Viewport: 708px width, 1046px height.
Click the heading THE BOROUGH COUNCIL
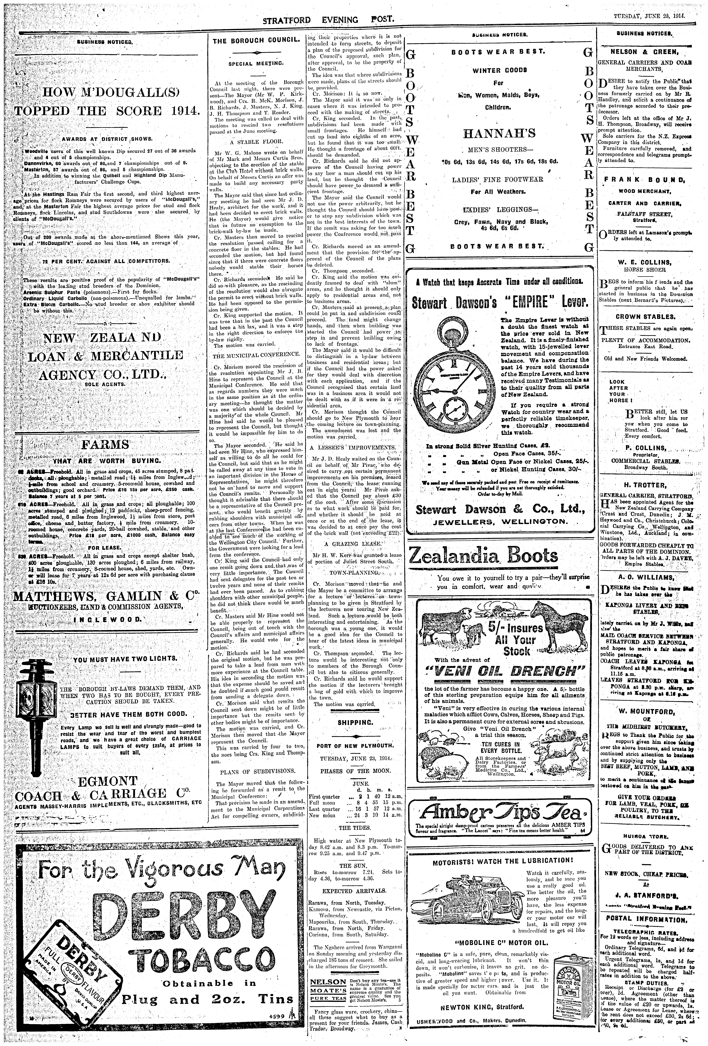point(256,41)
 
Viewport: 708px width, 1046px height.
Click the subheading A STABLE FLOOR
point(255,141)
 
